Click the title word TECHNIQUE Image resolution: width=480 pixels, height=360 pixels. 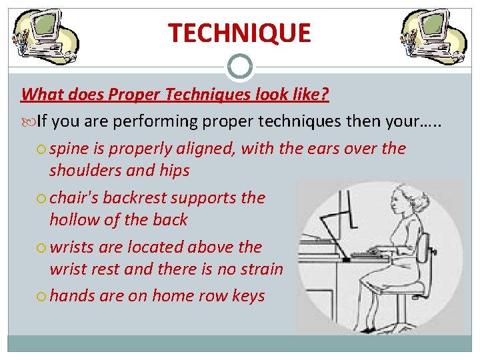(239, 33)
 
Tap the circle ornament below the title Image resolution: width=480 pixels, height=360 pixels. (240, 67)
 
